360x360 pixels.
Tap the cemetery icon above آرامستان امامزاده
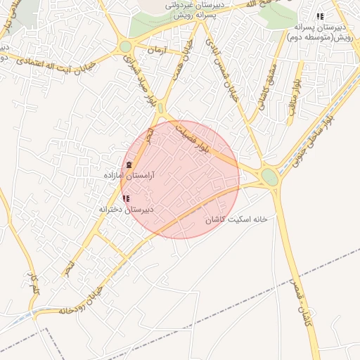(x=127, y=165)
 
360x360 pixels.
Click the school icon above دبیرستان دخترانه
(x=126, y=200)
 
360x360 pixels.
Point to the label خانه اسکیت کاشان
(x=237, y=219)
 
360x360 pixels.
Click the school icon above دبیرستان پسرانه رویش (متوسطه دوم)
(x=320, y=16)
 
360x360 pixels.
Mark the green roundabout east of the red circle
(x=270, y=176)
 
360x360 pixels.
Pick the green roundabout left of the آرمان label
(x=126, y=46)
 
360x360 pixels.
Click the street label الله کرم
(x=32, y=283)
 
